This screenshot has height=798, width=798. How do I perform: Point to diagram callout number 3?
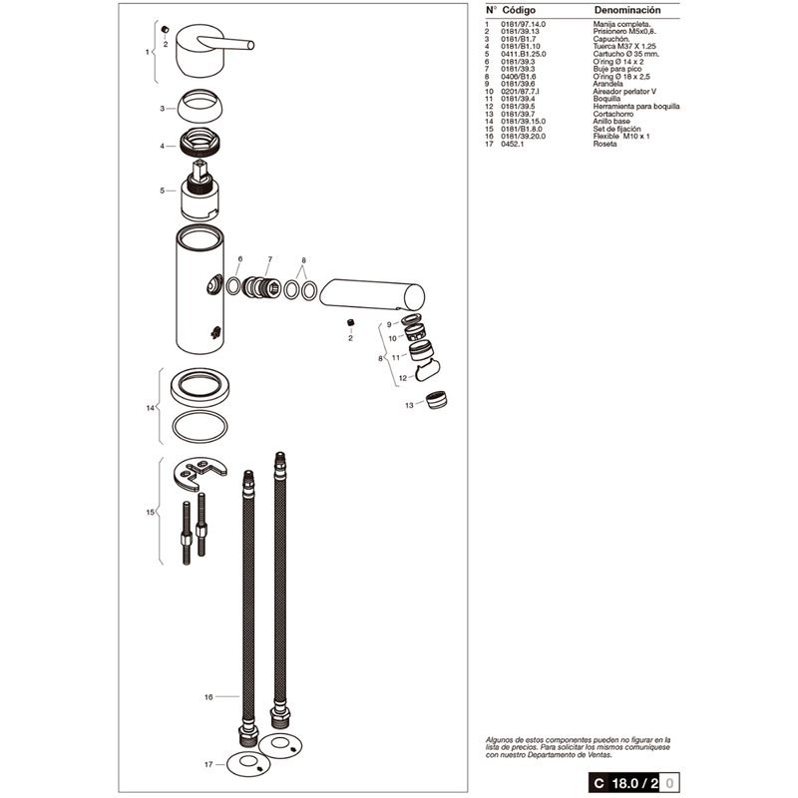162,108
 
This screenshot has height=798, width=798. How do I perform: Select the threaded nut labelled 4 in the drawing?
205,144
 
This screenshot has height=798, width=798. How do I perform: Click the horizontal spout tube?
374,295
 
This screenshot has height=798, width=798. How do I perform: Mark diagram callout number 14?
149,408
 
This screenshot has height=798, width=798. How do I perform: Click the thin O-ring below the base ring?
199,429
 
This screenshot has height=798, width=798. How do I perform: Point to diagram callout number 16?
208,696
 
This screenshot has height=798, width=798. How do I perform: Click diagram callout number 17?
208,764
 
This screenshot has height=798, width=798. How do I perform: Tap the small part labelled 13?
435,401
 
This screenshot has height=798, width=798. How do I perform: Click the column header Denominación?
627,9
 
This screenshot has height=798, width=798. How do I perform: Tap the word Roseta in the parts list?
604,144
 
